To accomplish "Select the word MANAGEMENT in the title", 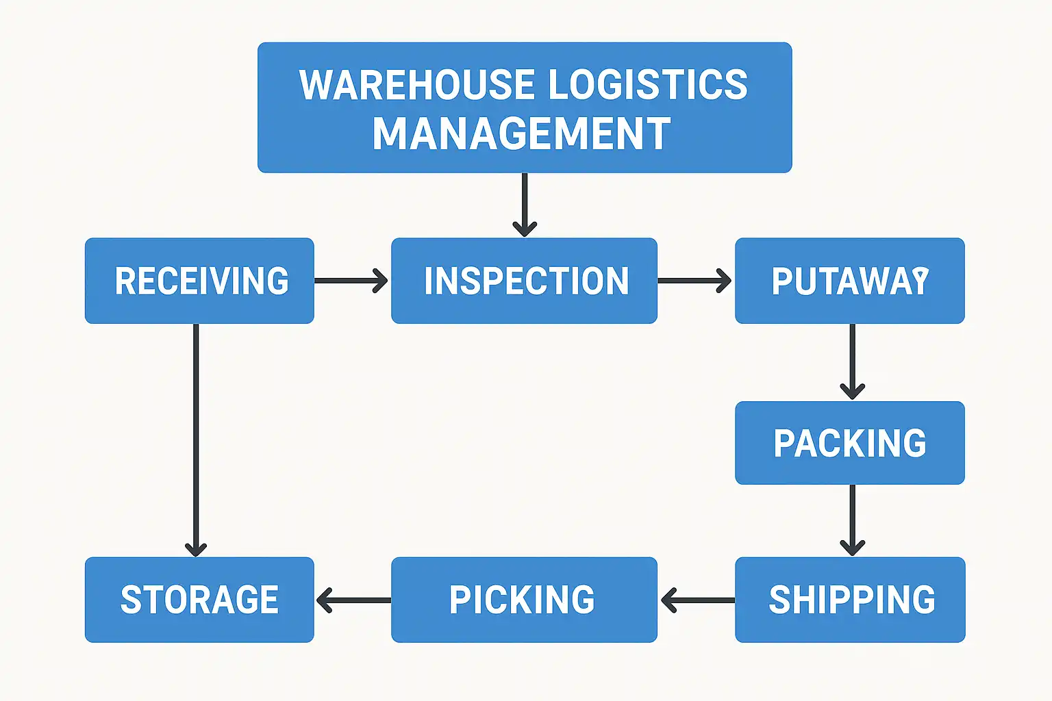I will (521, 133).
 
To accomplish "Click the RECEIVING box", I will (199, 281).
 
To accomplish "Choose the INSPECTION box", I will (524, 281).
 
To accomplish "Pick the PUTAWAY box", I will (849, 281).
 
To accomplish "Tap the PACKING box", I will (849, 443).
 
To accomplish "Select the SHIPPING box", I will (850, 600).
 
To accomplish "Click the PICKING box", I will (524, 600).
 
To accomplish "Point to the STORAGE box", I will (199, 600).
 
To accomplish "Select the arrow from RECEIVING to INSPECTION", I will (351, 281).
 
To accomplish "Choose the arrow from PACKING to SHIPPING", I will (852, 520).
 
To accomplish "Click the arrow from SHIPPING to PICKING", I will (697, 600).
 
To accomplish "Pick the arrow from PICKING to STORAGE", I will (353, 600).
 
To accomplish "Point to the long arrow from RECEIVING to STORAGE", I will (196, 438).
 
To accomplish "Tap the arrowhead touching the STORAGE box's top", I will (196, 549).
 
